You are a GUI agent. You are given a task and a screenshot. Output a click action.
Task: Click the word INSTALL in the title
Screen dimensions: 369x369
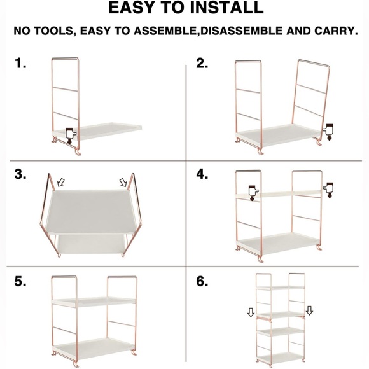226,8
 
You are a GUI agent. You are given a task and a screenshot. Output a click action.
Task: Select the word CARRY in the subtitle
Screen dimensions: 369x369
334,31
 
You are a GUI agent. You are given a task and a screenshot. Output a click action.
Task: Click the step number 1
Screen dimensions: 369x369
20,64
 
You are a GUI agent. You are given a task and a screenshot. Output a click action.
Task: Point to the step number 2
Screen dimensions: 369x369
202,64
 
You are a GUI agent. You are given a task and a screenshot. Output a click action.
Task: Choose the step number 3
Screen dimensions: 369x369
20,174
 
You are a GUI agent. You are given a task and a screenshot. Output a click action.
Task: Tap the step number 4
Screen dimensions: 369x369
202,174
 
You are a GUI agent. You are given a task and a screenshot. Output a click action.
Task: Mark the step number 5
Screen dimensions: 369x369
20,281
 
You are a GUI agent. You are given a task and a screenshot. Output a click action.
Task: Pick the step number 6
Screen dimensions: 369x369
202,281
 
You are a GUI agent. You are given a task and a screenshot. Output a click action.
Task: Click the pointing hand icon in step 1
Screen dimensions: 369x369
71,136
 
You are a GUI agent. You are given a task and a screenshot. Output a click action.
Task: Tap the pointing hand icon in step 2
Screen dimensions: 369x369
328,132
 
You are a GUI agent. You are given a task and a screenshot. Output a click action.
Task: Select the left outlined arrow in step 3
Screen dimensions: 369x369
61,182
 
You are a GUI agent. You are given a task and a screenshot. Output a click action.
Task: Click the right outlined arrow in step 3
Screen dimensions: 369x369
123,182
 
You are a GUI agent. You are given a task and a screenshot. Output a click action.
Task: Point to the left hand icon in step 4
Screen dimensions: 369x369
253,193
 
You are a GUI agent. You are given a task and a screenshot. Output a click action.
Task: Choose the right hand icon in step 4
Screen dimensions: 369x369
328,190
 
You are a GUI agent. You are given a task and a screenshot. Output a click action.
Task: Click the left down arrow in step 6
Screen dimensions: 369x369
251,312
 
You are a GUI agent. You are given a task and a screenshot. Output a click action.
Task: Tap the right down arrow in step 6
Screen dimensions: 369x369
309,310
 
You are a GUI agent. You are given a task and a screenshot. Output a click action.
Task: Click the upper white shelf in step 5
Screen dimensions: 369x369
94,302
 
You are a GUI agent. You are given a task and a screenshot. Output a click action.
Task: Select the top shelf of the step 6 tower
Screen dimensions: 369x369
281,288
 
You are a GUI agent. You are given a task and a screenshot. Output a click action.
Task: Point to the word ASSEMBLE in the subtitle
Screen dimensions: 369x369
165,31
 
